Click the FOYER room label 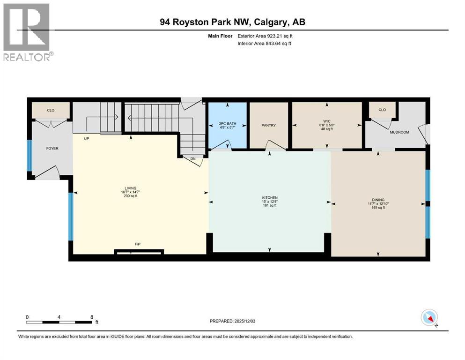click(x=52, y=148)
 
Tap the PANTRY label click(x=269, y=125)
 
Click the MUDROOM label click(x=399, y=132)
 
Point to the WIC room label click(x=326, y=121)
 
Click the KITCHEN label click(x=270, y=198)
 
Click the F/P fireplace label click(x=138, y=244)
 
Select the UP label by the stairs click(x=87, y=139)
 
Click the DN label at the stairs click(x=192, y=158)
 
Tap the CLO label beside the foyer click(x=51, y=111)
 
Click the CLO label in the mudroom click(x=382, y=110)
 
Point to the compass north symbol click(x=429, y=318)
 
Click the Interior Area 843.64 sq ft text click(x=271, y=44)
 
